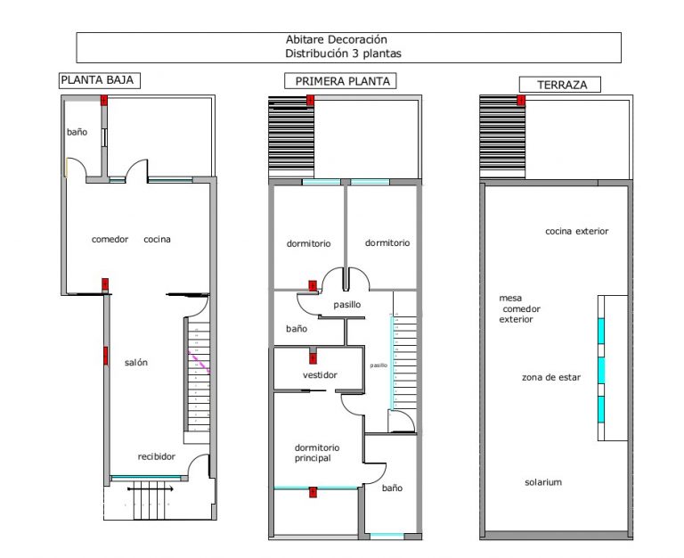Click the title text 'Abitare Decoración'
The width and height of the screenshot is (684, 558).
336,40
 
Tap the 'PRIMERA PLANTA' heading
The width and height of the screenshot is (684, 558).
342,81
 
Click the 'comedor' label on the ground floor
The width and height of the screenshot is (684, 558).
110,240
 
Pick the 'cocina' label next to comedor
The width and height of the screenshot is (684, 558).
158,240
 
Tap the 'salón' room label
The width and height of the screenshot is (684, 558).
136,363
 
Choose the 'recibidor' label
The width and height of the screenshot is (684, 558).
156,457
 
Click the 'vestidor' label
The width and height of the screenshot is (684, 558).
320,375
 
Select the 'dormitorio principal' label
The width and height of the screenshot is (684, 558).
317,453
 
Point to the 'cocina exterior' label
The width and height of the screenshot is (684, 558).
576,232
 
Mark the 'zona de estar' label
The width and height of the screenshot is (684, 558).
551,378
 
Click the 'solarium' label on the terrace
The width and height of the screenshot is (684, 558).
542,482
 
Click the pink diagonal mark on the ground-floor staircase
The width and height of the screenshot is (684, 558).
199,359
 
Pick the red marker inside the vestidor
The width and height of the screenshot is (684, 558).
313,358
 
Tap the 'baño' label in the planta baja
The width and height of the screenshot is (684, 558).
77,132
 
